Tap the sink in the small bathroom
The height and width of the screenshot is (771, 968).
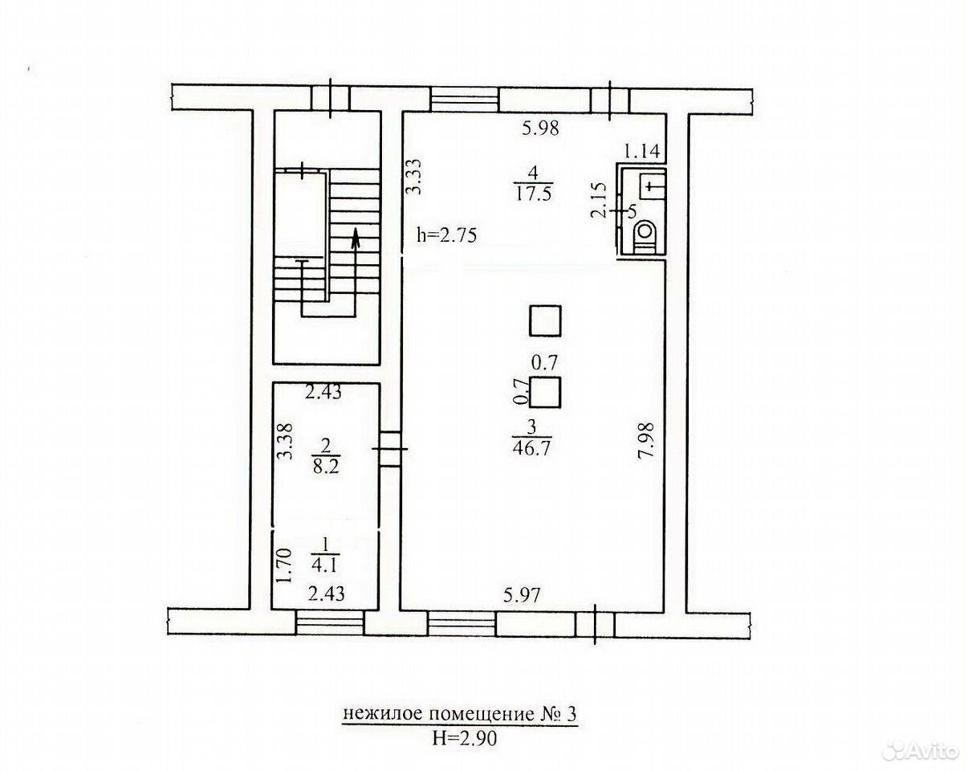(652, 186)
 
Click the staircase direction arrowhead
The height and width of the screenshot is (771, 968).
(356, 238)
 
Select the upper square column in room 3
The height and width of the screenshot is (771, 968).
(545, 320)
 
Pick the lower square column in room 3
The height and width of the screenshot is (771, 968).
(545, 392)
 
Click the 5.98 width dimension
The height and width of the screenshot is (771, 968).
(540, 128)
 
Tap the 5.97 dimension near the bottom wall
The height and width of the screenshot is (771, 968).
(522, 597)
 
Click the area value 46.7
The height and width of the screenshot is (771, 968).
(531, 448)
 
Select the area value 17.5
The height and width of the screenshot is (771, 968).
(534, 194)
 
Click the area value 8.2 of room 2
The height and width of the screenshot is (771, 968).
(326, 467)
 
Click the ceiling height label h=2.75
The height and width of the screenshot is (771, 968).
(446, 235)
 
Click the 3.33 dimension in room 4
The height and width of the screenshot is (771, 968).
(414, 176)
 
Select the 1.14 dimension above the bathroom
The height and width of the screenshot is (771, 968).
(642, 152)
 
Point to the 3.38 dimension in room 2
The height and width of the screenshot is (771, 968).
(285, 441)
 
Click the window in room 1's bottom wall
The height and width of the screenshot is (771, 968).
(330, 622)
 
